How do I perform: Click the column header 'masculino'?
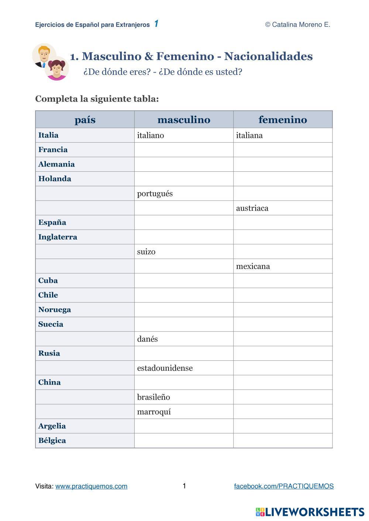coord(184,120)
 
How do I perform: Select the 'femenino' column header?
coord(283,120)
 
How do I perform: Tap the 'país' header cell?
coord(85,120)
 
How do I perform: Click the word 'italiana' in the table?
coord(249,136)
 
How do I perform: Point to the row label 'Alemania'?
coord(56,164)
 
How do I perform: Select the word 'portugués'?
coord(155,194)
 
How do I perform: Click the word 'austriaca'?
coord(252,208)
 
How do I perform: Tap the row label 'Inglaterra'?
coord(58,237)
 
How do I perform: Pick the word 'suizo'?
coord(146,252)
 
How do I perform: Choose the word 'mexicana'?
coord(253,266)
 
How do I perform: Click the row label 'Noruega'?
coord(55,310)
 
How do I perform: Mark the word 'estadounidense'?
coord(165,368)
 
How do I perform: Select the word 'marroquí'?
coord(154,412)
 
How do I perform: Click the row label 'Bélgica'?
coord(52,441)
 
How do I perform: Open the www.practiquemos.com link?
coord(92,486)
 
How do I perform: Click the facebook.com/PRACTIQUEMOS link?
coord(284,486)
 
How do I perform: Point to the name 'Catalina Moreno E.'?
coord(301,25)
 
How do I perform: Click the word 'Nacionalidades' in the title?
coord(268,56)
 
